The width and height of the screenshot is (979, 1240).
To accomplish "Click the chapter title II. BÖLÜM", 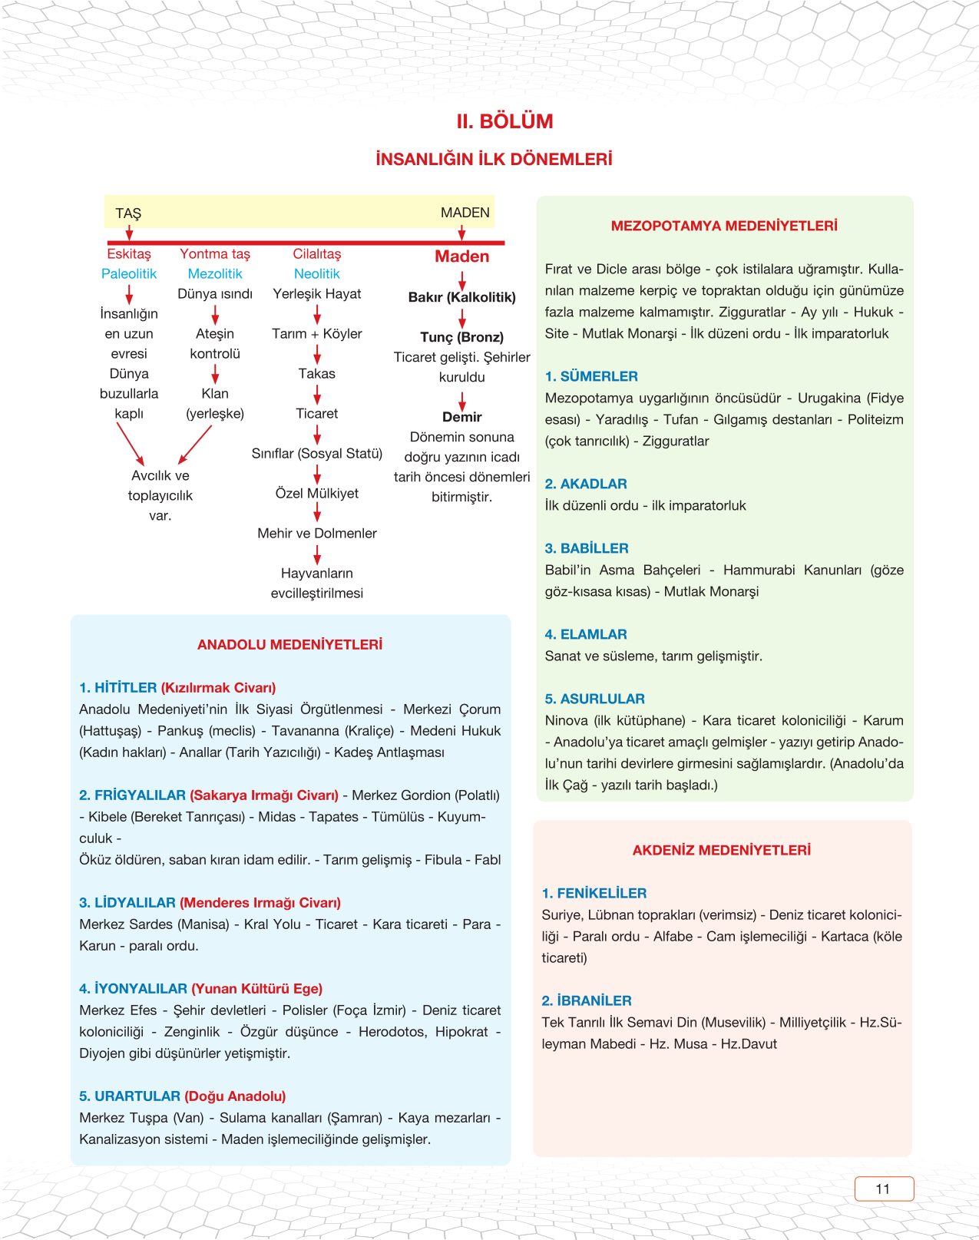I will click(504, 121).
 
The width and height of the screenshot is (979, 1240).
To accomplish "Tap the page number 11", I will click(883, 1189).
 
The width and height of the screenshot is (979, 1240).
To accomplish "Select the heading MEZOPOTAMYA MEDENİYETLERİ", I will click(724, 226).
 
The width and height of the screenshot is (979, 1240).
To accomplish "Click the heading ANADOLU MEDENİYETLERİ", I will click(289, 645).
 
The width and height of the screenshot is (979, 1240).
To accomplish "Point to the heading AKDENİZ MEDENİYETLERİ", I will click(721, 850).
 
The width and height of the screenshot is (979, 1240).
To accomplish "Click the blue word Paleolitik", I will click(129, 274).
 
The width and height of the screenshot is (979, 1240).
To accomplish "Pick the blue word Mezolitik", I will click(215, 274).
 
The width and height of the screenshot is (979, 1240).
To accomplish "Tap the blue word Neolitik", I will click(316, 274).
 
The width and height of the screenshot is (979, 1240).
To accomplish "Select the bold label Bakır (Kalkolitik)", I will click(461, 297).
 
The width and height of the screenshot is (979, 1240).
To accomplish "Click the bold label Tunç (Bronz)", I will click(461, 337).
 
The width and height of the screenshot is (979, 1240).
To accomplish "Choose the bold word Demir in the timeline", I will click(461, 417).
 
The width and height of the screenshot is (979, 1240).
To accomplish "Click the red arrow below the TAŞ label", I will click(129, 232).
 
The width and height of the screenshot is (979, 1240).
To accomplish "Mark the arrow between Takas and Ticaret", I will click(317, 394).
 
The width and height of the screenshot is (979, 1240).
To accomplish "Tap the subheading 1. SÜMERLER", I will click(591, 376).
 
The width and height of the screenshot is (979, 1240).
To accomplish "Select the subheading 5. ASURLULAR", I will click(594, 699).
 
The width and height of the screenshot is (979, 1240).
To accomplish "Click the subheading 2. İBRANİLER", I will click(586, 1000).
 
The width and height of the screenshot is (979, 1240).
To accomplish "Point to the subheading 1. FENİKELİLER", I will click(594, 893).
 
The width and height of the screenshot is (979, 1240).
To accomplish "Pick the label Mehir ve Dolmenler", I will click(317, 534).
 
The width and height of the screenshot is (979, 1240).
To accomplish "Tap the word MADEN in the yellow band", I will click(465, 213).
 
